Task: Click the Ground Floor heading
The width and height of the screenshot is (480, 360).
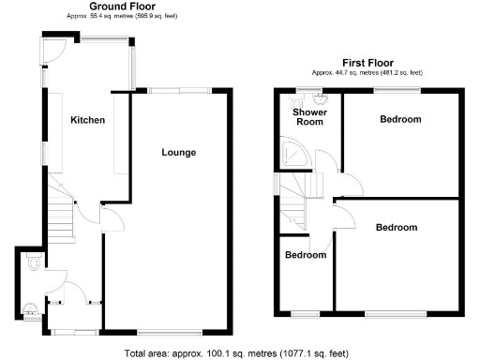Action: tap(122, 7)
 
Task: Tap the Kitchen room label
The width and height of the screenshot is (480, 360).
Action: tap(87, 121)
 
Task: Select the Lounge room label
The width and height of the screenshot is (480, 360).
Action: tap(178, 152)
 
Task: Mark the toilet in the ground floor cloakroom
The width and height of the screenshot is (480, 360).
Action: tap(33, 266)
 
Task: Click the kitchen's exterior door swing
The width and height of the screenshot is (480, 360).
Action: tap(55, 52)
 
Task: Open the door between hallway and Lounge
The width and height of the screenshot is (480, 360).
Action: tap(111, 219)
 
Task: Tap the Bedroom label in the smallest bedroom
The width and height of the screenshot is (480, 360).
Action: tap(306, 255)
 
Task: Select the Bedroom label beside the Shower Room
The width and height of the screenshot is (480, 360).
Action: tap(400, 119)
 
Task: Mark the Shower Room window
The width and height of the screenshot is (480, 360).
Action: tap(305, 89)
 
